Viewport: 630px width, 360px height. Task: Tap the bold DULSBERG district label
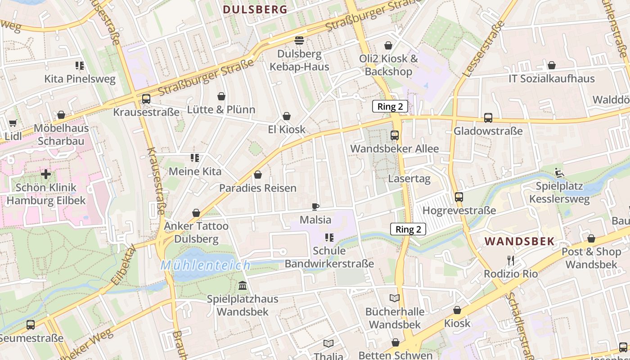[x=255, y=9]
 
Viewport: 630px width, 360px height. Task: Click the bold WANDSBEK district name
[x=519, y=241]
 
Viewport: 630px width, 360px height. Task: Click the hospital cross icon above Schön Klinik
[x=46, y=174]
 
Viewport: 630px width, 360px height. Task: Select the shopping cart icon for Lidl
[x=13, y=123]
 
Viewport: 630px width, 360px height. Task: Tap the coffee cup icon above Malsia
[x=315, y=207]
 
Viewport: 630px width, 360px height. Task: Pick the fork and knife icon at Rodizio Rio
[x=510, y=261]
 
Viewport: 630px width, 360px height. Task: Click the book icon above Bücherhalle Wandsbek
[x=395, y=298]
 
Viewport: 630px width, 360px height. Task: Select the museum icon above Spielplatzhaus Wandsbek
[x=243, y=285]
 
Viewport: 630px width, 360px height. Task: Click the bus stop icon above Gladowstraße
[x=488, y=118]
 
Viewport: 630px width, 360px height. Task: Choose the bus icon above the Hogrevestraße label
[x=459, y=197]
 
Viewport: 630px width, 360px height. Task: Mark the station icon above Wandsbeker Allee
[x=395, y=135]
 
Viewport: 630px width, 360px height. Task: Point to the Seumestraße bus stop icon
[x=31, y=324]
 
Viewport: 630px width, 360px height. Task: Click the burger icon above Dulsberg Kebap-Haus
[x=299, y=40]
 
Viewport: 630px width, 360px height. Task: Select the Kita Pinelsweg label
[x=80, y=79]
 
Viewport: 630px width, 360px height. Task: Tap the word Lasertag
[x=409, y=179]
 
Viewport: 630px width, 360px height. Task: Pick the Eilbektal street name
[x=122, y=266]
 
